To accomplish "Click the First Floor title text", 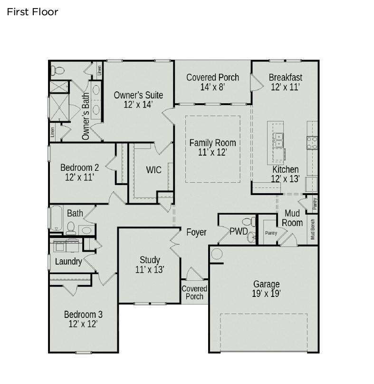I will click(32, 12).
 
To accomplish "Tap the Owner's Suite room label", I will click(138, 99).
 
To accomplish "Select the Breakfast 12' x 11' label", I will click(285, 82).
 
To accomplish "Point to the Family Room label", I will click(212, 148).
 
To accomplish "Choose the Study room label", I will click(150, 265).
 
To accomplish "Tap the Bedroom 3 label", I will click(83, 319).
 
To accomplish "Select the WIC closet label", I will click(153, 170).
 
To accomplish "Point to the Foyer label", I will click(196, 232).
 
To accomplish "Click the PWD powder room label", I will click(239, 232).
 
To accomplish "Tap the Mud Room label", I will click(292, 218).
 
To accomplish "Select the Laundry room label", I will click(68, 261).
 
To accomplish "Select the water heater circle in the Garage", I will click(216, 254).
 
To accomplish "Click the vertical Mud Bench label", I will click(313, 229).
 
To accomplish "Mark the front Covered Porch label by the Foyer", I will click(194, 293).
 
